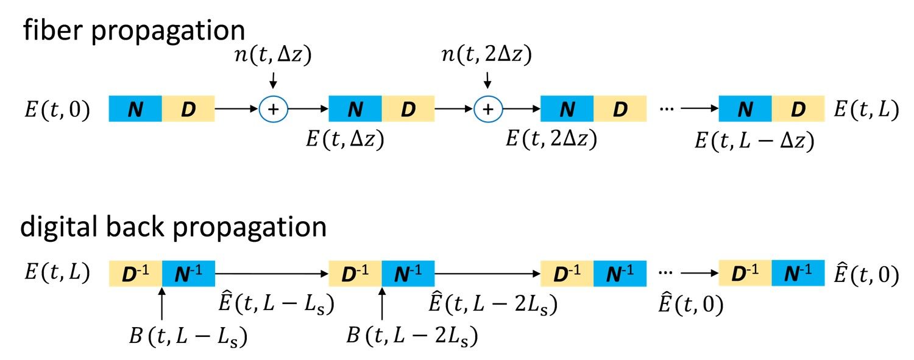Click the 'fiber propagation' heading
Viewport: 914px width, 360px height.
point(134,30)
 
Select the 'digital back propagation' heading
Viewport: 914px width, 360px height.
point(173,228)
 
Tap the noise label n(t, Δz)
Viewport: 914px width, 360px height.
point(273,56)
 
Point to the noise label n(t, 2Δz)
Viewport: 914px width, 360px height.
point(487,56)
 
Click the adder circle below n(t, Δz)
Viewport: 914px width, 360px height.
point(274,109)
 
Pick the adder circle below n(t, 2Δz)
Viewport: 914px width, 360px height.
point(487,109)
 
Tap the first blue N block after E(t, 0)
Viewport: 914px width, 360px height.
point(135,109)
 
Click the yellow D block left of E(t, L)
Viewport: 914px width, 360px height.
point(798,109)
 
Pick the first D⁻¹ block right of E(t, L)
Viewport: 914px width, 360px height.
point(135,272)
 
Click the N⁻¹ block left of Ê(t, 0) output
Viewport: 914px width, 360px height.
point(798,272)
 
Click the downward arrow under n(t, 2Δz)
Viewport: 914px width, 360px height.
point(487,80)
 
